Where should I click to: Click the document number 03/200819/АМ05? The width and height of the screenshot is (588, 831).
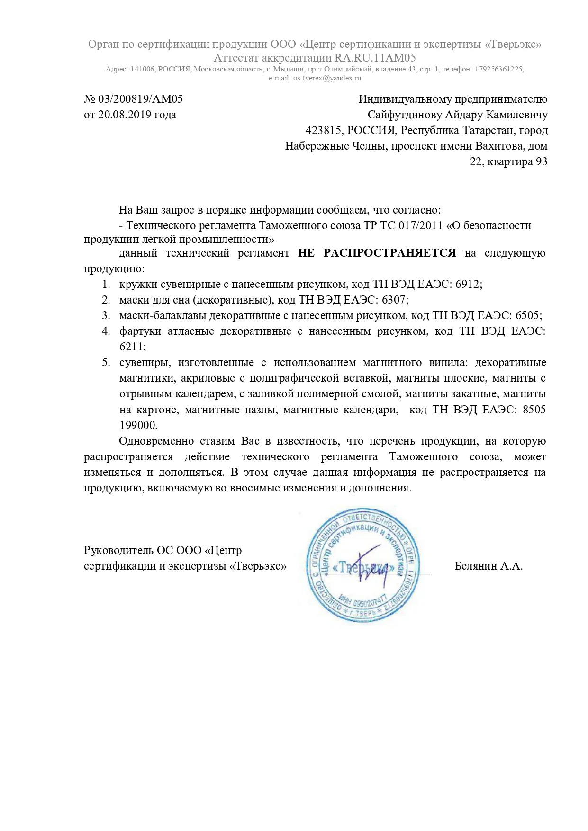coord(140,99)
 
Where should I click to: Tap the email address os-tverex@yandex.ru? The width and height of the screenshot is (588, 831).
coord(327,78)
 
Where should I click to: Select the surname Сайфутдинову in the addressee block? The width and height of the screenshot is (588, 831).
coord(403,115)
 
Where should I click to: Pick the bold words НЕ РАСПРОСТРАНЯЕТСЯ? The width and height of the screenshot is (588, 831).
coord(377,253)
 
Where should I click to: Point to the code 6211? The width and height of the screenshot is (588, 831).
coord(133,347)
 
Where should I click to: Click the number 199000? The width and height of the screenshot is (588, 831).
coord(138,425)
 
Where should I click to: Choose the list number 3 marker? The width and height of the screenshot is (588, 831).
coord(106,315)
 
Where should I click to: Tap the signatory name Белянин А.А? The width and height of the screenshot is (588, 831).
coord(488,565)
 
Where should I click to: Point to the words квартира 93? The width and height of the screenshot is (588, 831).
coord(519,161)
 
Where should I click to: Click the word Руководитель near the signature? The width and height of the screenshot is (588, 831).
coord(118,550)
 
